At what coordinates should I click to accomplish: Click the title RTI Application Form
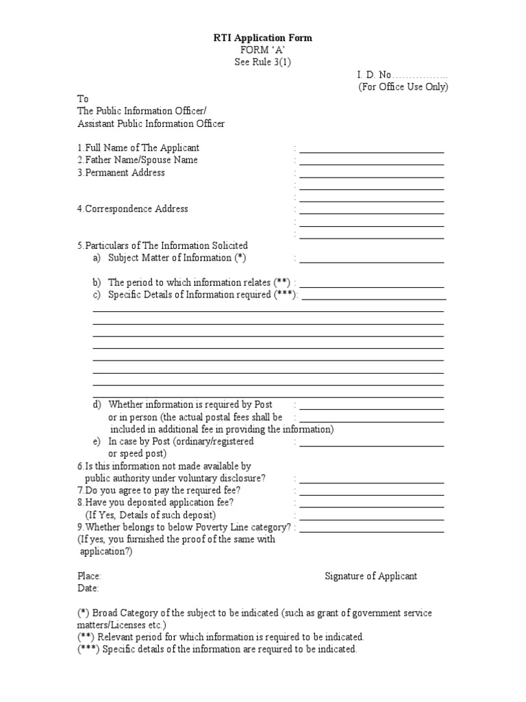tap(262, 38)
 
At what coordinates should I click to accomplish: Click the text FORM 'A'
tap(262, 50)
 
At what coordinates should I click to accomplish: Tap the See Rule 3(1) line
tap(262, 62)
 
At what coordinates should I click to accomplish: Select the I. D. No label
tap(373, 74)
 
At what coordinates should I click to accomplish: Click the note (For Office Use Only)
tap(403, 86)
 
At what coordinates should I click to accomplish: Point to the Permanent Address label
tap(121, 173)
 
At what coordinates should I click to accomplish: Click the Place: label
tap(89, 576)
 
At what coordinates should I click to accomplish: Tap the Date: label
tap(88, 588)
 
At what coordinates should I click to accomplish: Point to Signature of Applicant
tap(371, 576)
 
